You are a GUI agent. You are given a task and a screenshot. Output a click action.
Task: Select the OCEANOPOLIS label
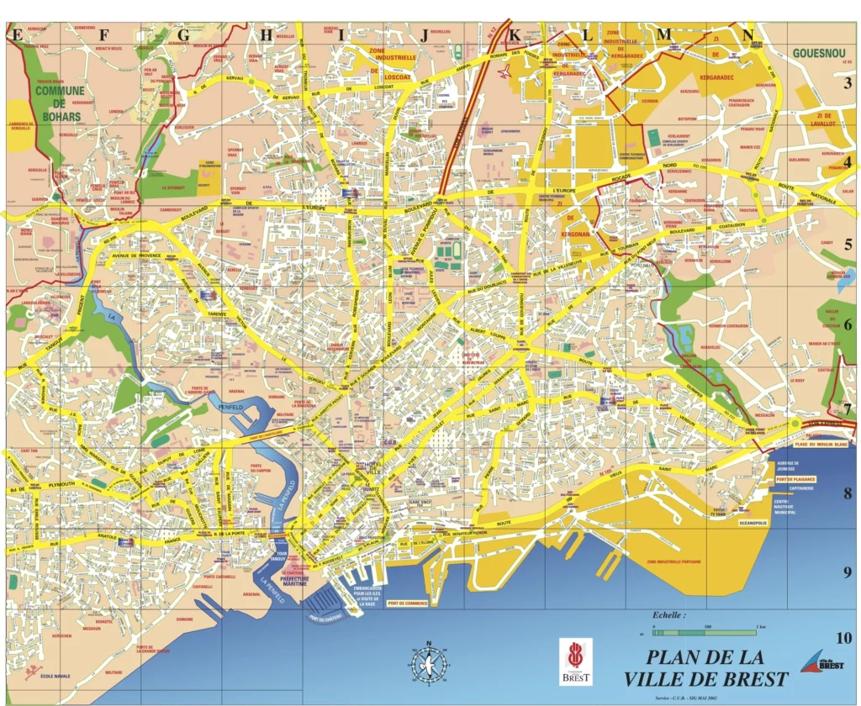tap(753, 523)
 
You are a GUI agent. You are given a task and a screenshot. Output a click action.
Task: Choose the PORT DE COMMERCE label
tap(407, 603)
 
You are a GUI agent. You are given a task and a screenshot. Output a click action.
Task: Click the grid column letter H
tap(266, 35)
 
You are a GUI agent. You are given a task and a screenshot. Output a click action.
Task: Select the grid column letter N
tap(746, 35)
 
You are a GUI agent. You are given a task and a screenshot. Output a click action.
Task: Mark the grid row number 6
tap(848, 324)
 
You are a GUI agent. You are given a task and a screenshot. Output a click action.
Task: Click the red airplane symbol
tap(504, 74)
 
